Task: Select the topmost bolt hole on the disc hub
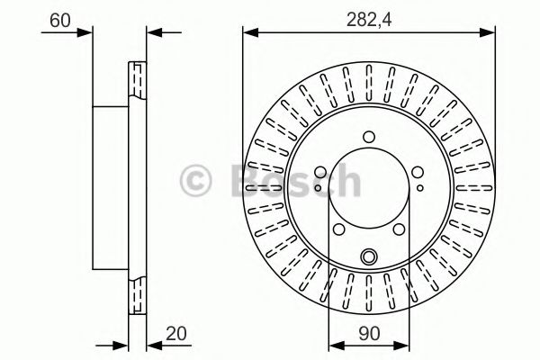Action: pos(368,138)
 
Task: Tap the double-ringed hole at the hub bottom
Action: pos(368,258)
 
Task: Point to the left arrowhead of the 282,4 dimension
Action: pos(247,33)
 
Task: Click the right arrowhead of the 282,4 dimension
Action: pos(490,33)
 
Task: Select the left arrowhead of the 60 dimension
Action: pos(85,33)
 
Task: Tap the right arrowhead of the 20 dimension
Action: pos(151,344)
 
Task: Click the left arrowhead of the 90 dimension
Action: pos(334,344)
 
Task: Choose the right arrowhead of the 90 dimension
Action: pos(402,344)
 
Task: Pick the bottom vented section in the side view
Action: pos(138,290)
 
